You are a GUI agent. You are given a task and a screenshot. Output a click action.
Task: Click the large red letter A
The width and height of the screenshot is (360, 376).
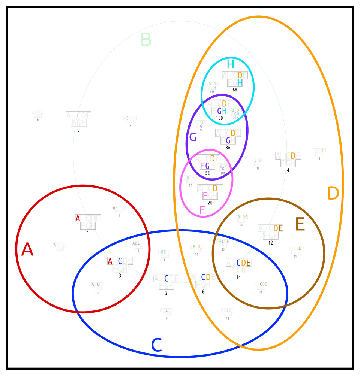tap(27, 250)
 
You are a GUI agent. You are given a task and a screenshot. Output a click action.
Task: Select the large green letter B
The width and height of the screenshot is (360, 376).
tap(146, 40)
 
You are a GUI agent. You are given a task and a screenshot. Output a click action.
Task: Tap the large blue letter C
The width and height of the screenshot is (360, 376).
tap(156, 345)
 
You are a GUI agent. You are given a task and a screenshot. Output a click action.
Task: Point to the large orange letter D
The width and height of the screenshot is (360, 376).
tap(333, 194)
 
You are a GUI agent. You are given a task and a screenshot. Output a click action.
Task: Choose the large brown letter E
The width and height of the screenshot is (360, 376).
tap(300, 225)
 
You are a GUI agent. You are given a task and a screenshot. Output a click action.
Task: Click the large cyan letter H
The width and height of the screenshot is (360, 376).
tap(229, 64)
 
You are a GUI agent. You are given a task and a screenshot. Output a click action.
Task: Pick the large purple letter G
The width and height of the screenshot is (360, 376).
tap(193, 138)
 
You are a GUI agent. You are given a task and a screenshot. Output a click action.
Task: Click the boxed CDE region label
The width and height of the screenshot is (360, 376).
tap(243, 263)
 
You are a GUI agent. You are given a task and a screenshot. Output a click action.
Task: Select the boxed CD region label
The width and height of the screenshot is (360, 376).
tap(206, 277)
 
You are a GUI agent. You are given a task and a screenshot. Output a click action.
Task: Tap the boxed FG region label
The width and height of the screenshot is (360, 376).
tap(205, 166)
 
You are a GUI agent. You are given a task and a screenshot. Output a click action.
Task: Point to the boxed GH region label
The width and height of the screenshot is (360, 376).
tap(222, 111)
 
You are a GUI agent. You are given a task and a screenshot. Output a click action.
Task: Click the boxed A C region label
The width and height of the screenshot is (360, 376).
tap(115, 261)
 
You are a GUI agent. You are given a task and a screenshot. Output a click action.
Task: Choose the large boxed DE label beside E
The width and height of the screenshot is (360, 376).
tap(278, 228)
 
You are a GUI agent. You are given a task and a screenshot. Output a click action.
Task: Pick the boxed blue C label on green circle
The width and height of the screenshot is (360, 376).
tap(166, 278)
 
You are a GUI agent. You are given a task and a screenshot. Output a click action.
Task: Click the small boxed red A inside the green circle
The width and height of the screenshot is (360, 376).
tap(78, 218)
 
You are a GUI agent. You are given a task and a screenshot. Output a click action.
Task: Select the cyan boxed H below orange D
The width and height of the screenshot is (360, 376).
tap(240, 82)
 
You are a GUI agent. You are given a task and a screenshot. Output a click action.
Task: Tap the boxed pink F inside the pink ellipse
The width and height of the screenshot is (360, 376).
tap(205, 195)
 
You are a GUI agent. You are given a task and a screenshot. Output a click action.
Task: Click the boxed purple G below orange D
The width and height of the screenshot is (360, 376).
tap(228, 140)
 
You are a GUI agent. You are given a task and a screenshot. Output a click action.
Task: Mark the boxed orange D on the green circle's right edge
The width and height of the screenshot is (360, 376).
tap(293, 155)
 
